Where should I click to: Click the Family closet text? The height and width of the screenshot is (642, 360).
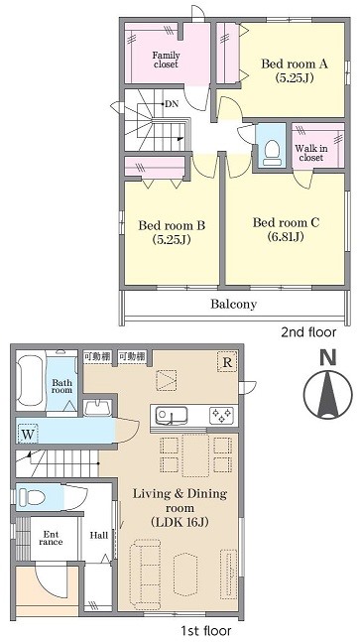point(167,60)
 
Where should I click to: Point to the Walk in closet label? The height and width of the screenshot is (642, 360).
point(311,153)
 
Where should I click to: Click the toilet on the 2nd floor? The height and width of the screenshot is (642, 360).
point(271,152)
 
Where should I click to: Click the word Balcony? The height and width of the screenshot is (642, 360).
point(234,304)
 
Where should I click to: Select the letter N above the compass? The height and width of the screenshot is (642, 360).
point(328,357)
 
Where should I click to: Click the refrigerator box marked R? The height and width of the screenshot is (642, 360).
point(227,362)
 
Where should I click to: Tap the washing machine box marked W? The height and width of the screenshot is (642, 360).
point(28,434)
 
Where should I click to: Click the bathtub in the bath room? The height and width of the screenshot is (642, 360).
point(31,381)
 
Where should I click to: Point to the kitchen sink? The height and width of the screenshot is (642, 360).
point(173,416)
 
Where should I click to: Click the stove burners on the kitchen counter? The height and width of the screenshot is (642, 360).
point(222,416)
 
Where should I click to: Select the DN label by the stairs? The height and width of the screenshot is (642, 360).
point(172,104)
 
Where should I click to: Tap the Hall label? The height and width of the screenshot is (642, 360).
point(99,535)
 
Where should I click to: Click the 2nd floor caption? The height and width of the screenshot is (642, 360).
point(308,332)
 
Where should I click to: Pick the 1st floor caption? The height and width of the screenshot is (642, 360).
point(205,630)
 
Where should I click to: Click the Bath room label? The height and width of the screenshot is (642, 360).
point(61,387)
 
